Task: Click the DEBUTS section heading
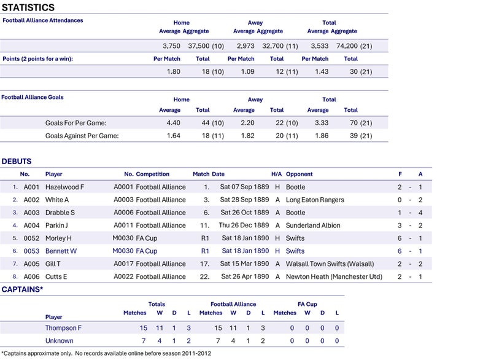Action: (x=17, y=162)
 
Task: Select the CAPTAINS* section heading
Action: (x=22, y=289)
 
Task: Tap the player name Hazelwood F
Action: (x=65, y=187)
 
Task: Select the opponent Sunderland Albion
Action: (x=313, y=225)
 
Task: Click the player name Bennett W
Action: (x=61, y=251)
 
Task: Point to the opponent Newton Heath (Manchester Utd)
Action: (x=334, y=277)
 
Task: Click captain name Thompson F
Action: (x=63, y=328)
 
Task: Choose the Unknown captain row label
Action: (x=59, y=341)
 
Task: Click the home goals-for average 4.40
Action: (x=173, y=123)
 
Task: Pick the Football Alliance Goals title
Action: (x=32, y=97)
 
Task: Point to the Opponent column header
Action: (x=300, y=174)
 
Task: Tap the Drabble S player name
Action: (x=60, y=213)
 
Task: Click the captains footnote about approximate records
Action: (x=106, y=353)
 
